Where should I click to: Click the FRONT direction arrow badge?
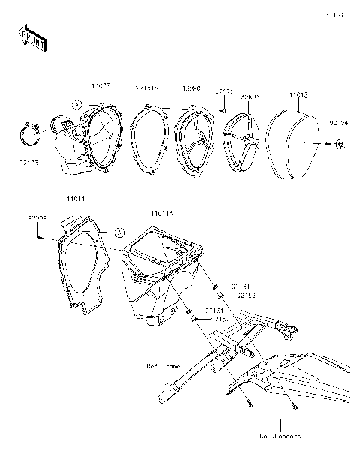29,35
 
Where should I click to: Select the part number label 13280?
192,88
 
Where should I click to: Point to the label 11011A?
161,214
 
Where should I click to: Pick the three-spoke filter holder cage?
242,139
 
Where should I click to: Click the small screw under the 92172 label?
223,109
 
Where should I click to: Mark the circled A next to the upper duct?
76,102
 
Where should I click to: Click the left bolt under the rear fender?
248,405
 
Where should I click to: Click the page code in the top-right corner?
334,13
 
